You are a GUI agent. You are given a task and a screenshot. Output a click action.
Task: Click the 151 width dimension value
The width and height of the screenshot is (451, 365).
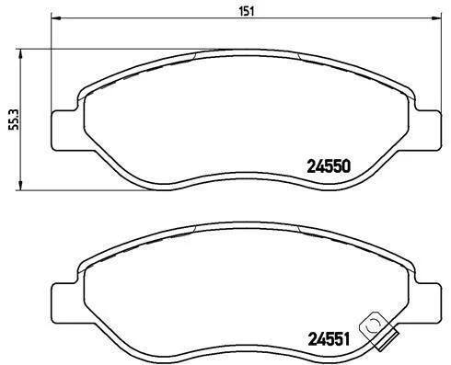click(247, 11)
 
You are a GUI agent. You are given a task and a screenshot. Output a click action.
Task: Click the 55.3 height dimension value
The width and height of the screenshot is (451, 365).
click(14, 120)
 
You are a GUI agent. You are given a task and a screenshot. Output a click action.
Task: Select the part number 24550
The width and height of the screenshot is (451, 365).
click(329, 166)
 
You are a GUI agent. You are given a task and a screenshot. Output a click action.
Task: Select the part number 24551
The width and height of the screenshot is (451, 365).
click(329, 339)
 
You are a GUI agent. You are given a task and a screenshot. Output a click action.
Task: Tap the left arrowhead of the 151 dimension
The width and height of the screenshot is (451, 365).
click(56, 18)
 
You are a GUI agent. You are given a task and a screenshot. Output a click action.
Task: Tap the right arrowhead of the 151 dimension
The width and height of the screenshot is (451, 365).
click(435, 18)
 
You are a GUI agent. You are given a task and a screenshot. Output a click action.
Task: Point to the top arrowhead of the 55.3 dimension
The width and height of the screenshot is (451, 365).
click(20, 54)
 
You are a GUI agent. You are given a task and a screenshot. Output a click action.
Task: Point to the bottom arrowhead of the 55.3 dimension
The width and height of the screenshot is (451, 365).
click(20, 185)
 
